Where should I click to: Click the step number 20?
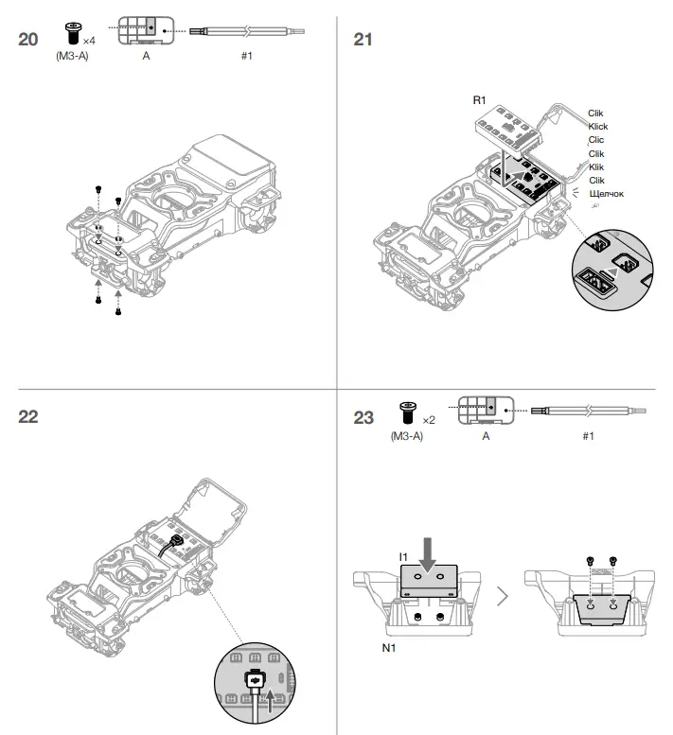[x=29, y=40]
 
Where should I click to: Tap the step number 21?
[x=363, y=40]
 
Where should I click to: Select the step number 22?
[x=29, y=417]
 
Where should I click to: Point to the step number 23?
[x=363, y=417]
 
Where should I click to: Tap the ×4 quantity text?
[x=89, y=41]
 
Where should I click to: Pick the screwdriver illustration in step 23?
[x=588, y=411]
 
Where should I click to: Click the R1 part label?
[x=480, y=99]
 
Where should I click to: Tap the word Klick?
[x=597, y=127]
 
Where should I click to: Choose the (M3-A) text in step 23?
[x=405, y=436]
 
